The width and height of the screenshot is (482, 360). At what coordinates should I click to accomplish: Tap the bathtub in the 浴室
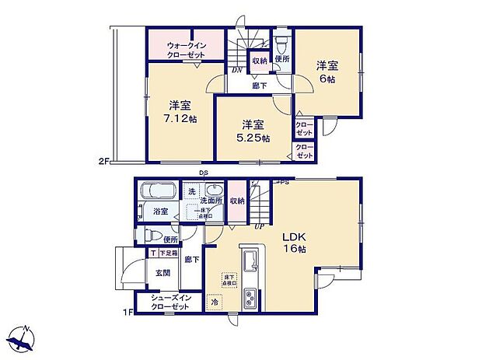point(158,190)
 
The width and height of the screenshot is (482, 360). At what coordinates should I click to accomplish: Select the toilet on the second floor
point(281,41)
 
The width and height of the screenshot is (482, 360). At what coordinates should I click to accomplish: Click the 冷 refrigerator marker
point(215,302)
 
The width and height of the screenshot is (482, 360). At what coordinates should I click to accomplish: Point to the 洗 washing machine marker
point(191,191)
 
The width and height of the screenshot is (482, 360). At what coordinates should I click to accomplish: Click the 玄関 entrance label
point(162,272)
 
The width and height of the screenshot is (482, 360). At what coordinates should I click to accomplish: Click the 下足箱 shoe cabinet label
point(167,253)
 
